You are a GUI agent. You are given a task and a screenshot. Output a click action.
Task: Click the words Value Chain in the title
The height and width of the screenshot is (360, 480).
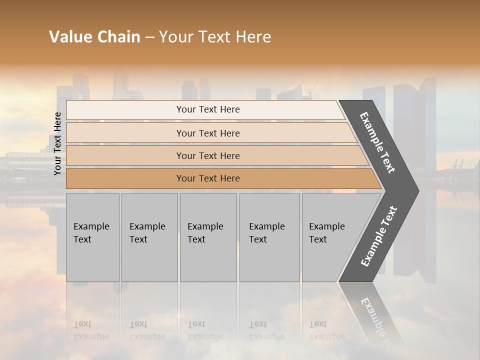pyautogui.click(x=94, y=37)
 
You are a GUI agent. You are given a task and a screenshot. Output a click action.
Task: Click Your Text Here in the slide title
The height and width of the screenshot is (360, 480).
pyautogui.click(x=215, y=37)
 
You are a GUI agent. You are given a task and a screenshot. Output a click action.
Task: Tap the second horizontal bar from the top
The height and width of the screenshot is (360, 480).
pyautogui.click(x=208, y=133)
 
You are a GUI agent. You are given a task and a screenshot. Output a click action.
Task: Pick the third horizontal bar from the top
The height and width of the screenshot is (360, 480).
pyautogui.click(x=208, y=155)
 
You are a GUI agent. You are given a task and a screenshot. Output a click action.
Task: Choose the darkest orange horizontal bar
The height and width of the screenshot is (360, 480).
pyautogui.click(x=208, y=178)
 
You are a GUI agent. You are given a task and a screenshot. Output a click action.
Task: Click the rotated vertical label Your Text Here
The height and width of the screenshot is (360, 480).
pyautogui.click(x=57, y=143)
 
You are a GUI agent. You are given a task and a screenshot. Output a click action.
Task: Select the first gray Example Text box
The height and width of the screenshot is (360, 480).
pyautogui.click(x=92, y=237)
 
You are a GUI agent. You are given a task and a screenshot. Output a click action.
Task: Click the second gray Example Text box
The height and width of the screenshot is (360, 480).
pyautogui.click(x=149, y=237)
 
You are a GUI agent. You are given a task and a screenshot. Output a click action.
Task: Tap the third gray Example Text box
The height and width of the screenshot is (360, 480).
pyautogui.click(x=207, y=237)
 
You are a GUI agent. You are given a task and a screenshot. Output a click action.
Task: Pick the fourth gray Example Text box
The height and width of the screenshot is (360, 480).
pyautogui.click(x=269, y=237)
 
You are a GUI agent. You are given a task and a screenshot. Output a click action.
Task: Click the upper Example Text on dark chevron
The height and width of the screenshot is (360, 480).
pyautogui.click(x=377, y=142)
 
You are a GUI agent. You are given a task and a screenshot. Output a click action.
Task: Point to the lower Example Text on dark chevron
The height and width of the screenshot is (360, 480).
pyautogui.click(x=378, y=236)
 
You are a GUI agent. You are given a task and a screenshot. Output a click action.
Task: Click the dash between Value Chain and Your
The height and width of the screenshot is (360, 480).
pyautogui.click(x=149, y=37)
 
